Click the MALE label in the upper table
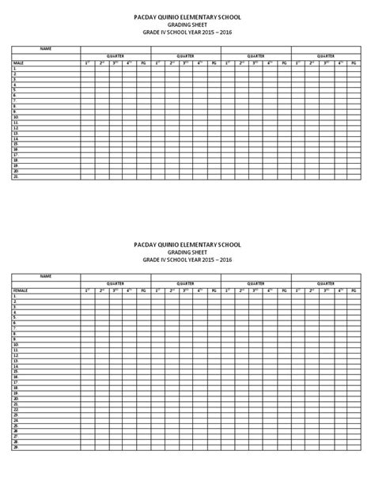[x=17, y=62]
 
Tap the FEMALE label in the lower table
[x=19, y=290]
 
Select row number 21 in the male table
[x=15, y=176]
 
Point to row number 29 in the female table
[x=15, y=448]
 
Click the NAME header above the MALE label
[x=45, y=49]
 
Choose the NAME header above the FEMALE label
[x=45, y=276]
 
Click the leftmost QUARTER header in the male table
[x=116, y=56]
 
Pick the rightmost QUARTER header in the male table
[x=326, y=56]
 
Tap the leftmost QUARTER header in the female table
[x=116, y=283]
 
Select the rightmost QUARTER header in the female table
[x=326, y=283]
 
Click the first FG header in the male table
[x=143, y=62]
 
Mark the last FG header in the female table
[x=354, y=290]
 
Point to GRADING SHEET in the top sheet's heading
[x=187, y=25]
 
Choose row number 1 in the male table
[x=14, y=69]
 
